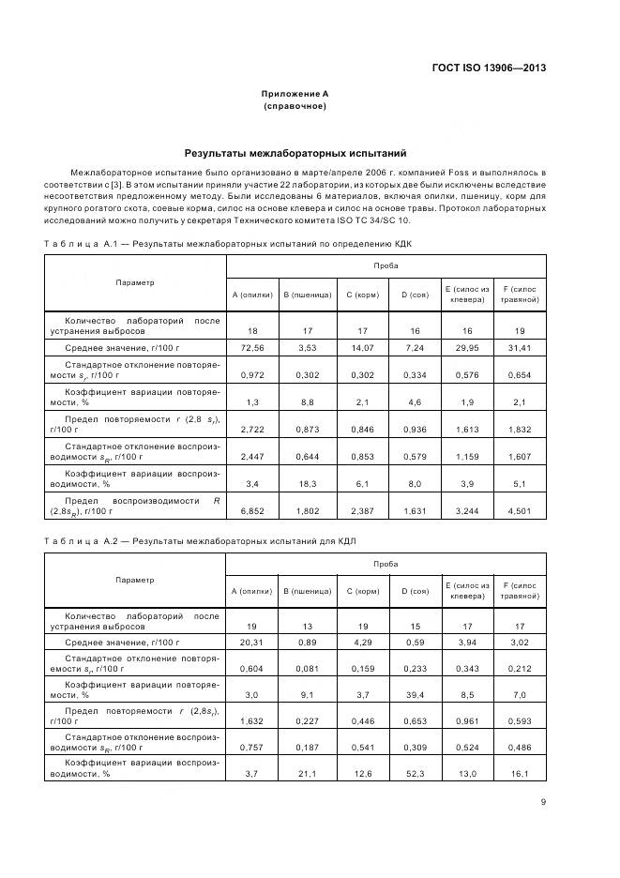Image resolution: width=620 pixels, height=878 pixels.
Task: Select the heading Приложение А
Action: tap(295, 94)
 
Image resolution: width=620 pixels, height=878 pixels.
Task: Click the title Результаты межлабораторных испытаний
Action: tap(295, 152)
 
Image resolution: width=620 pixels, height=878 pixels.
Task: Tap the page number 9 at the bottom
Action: tap(544, 801)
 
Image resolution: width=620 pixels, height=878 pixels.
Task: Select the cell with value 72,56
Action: tap(251, 348)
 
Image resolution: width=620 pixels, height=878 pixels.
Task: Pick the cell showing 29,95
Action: tap(466, 348)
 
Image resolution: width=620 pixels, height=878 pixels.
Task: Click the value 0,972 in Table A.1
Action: tap(251, 374)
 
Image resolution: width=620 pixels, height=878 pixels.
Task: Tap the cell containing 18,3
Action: tap(307, 485)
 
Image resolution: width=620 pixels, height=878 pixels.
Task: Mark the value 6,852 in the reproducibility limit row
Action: tap(251, 512)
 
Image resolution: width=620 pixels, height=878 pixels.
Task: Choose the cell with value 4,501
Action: tap(520, 512)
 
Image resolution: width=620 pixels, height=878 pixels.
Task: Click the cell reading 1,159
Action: tap(466, 457)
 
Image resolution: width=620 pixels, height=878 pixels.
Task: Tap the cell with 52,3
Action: tap(415, 774)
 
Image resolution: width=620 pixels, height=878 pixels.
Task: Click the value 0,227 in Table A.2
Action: tap(307, 720)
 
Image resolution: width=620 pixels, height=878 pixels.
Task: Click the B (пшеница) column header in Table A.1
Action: tap(307, 295)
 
